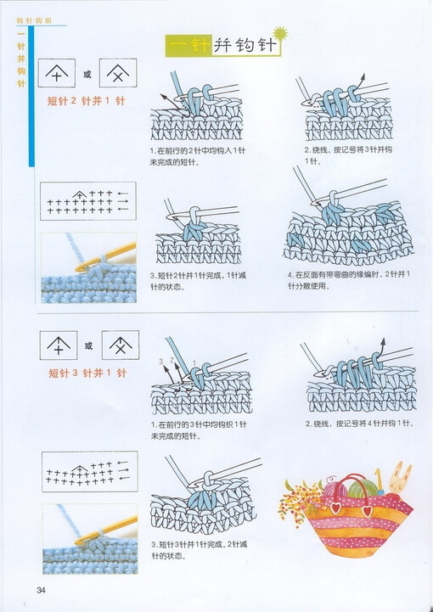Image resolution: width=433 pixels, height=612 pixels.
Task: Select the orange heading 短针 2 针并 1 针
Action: [87, 102]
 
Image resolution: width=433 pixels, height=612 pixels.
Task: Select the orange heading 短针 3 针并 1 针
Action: [87, 373]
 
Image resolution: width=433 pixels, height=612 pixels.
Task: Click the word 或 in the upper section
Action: [87, 75]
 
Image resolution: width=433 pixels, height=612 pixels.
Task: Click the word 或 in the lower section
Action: [87, 345]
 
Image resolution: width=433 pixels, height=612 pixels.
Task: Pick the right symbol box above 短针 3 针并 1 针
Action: [119, 345]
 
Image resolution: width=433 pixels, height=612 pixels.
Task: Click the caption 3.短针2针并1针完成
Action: [198, 280]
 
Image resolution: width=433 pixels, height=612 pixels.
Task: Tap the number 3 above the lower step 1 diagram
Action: [159, 362]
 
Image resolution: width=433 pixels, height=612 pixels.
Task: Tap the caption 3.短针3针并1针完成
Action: [198, 550]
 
